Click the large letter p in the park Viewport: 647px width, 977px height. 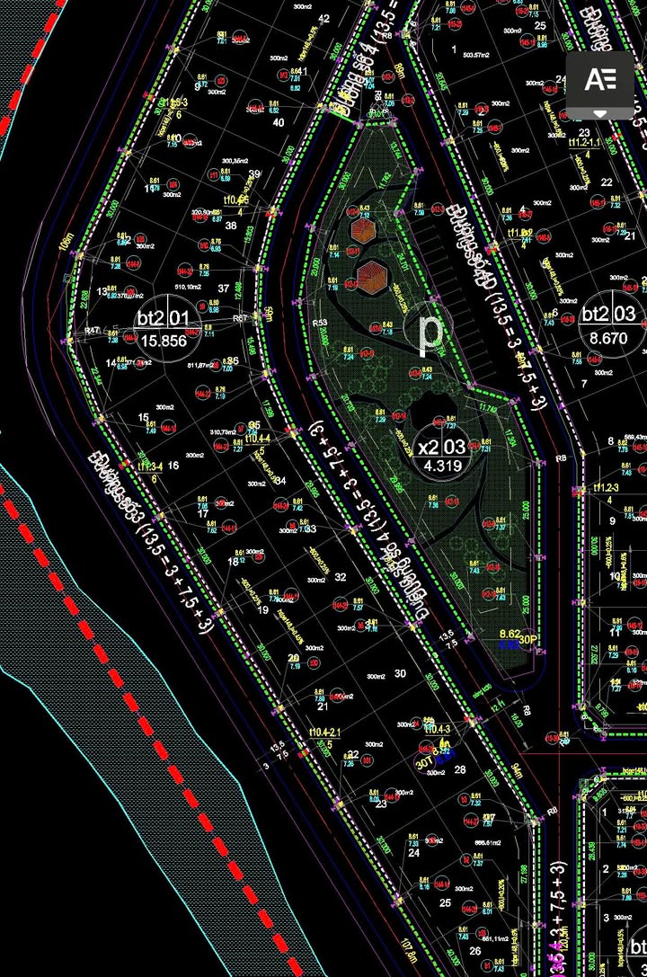pyautogui.click(x=432, y=332)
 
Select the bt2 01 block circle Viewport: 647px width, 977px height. pyautogui.click(x=163, y=328)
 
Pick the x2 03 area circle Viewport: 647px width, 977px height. pyautogui.click(x=440, y=455)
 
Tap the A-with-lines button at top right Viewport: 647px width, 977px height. pyautogui.click(x=599, y=80)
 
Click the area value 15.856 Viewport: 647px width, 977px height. pyautogui.click(x=163, y=341)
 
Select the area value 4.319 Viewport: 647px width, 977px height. pyautogui.click(x=440, y=466)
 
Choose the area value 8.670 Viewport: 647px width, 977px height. pyautogui.click(x=608, y=339)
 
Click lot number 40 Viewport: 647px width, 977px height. pyautogui.click(x=278, y=122)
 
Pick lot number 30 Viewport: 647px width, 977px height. pyautogui.click(x=400, y=673)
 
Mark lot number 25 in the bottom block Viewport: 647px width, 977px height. pyautogui.click(x=444, y=902)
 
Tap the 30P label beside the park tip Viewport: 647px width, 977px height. pyautogui.click(x=528, y=639)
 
